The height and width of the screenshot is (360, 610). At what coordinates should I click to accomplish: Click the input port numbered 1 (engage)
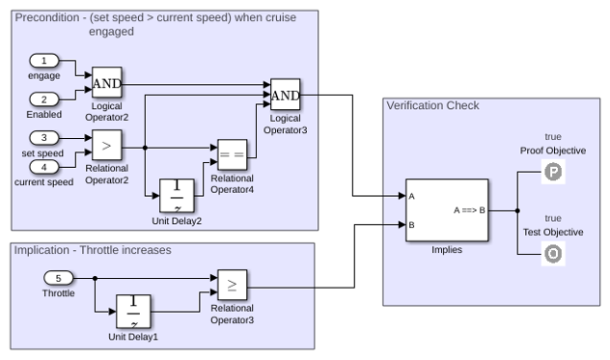pos(44,61)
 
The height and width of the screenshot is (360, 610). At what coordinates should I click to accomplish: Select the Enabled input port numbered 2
pos(44,99)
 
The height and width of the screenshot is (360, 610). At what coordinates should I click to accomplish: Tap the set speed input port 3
pos(44,138)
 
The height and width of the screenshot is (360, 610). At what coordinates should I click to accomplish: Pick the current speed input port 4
pos(44,167)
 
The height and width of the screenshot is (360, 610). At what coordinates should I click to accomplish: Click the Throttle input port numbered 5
pos(58,278)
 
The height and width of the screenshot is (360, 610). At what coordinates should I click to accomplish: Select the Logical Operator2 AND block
pos(107,82)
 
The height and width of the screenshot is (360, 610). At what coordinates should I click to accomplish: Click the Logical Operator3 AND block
pos(285,95)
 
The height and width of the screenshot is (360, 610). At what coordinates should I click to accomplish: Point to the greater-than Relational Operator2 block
pos(107,145)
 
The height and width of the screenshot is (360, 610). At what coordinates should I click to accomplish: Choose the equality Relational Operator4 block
pos(233,154)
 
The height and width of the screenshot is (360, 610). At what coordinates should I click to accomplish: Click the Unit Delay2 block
pos(177,196)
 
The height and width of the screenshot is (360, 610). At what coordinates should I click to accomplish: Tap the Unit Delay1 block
pos(133,312)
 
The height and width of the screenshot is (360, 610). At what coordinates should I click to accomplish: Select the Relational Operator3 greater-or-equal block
pos(233,285)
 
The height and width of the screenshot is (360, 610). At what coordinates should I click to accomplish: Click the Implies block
pos(447,210)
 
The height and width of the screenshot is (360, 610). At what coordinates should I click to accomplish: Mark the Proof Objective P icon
pos(553,172)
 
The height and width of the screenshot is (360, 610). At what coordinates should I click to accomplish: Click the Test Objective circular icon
pos(553,254)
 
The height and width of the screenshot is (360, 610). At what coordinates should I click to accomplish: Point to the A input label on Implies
pos(411,197)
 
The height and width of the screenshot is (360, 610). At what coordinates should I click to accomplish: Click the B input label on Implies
pos(411,225)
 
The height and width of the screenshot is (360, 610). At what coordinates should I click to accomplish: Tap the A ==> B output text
pos(469,210)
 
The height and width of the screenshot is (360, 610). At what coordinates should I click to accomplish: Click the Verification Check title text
pos(432,106)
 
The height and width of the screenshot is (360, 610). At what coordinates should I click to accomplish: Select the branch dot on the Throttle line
pos(95,278)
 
